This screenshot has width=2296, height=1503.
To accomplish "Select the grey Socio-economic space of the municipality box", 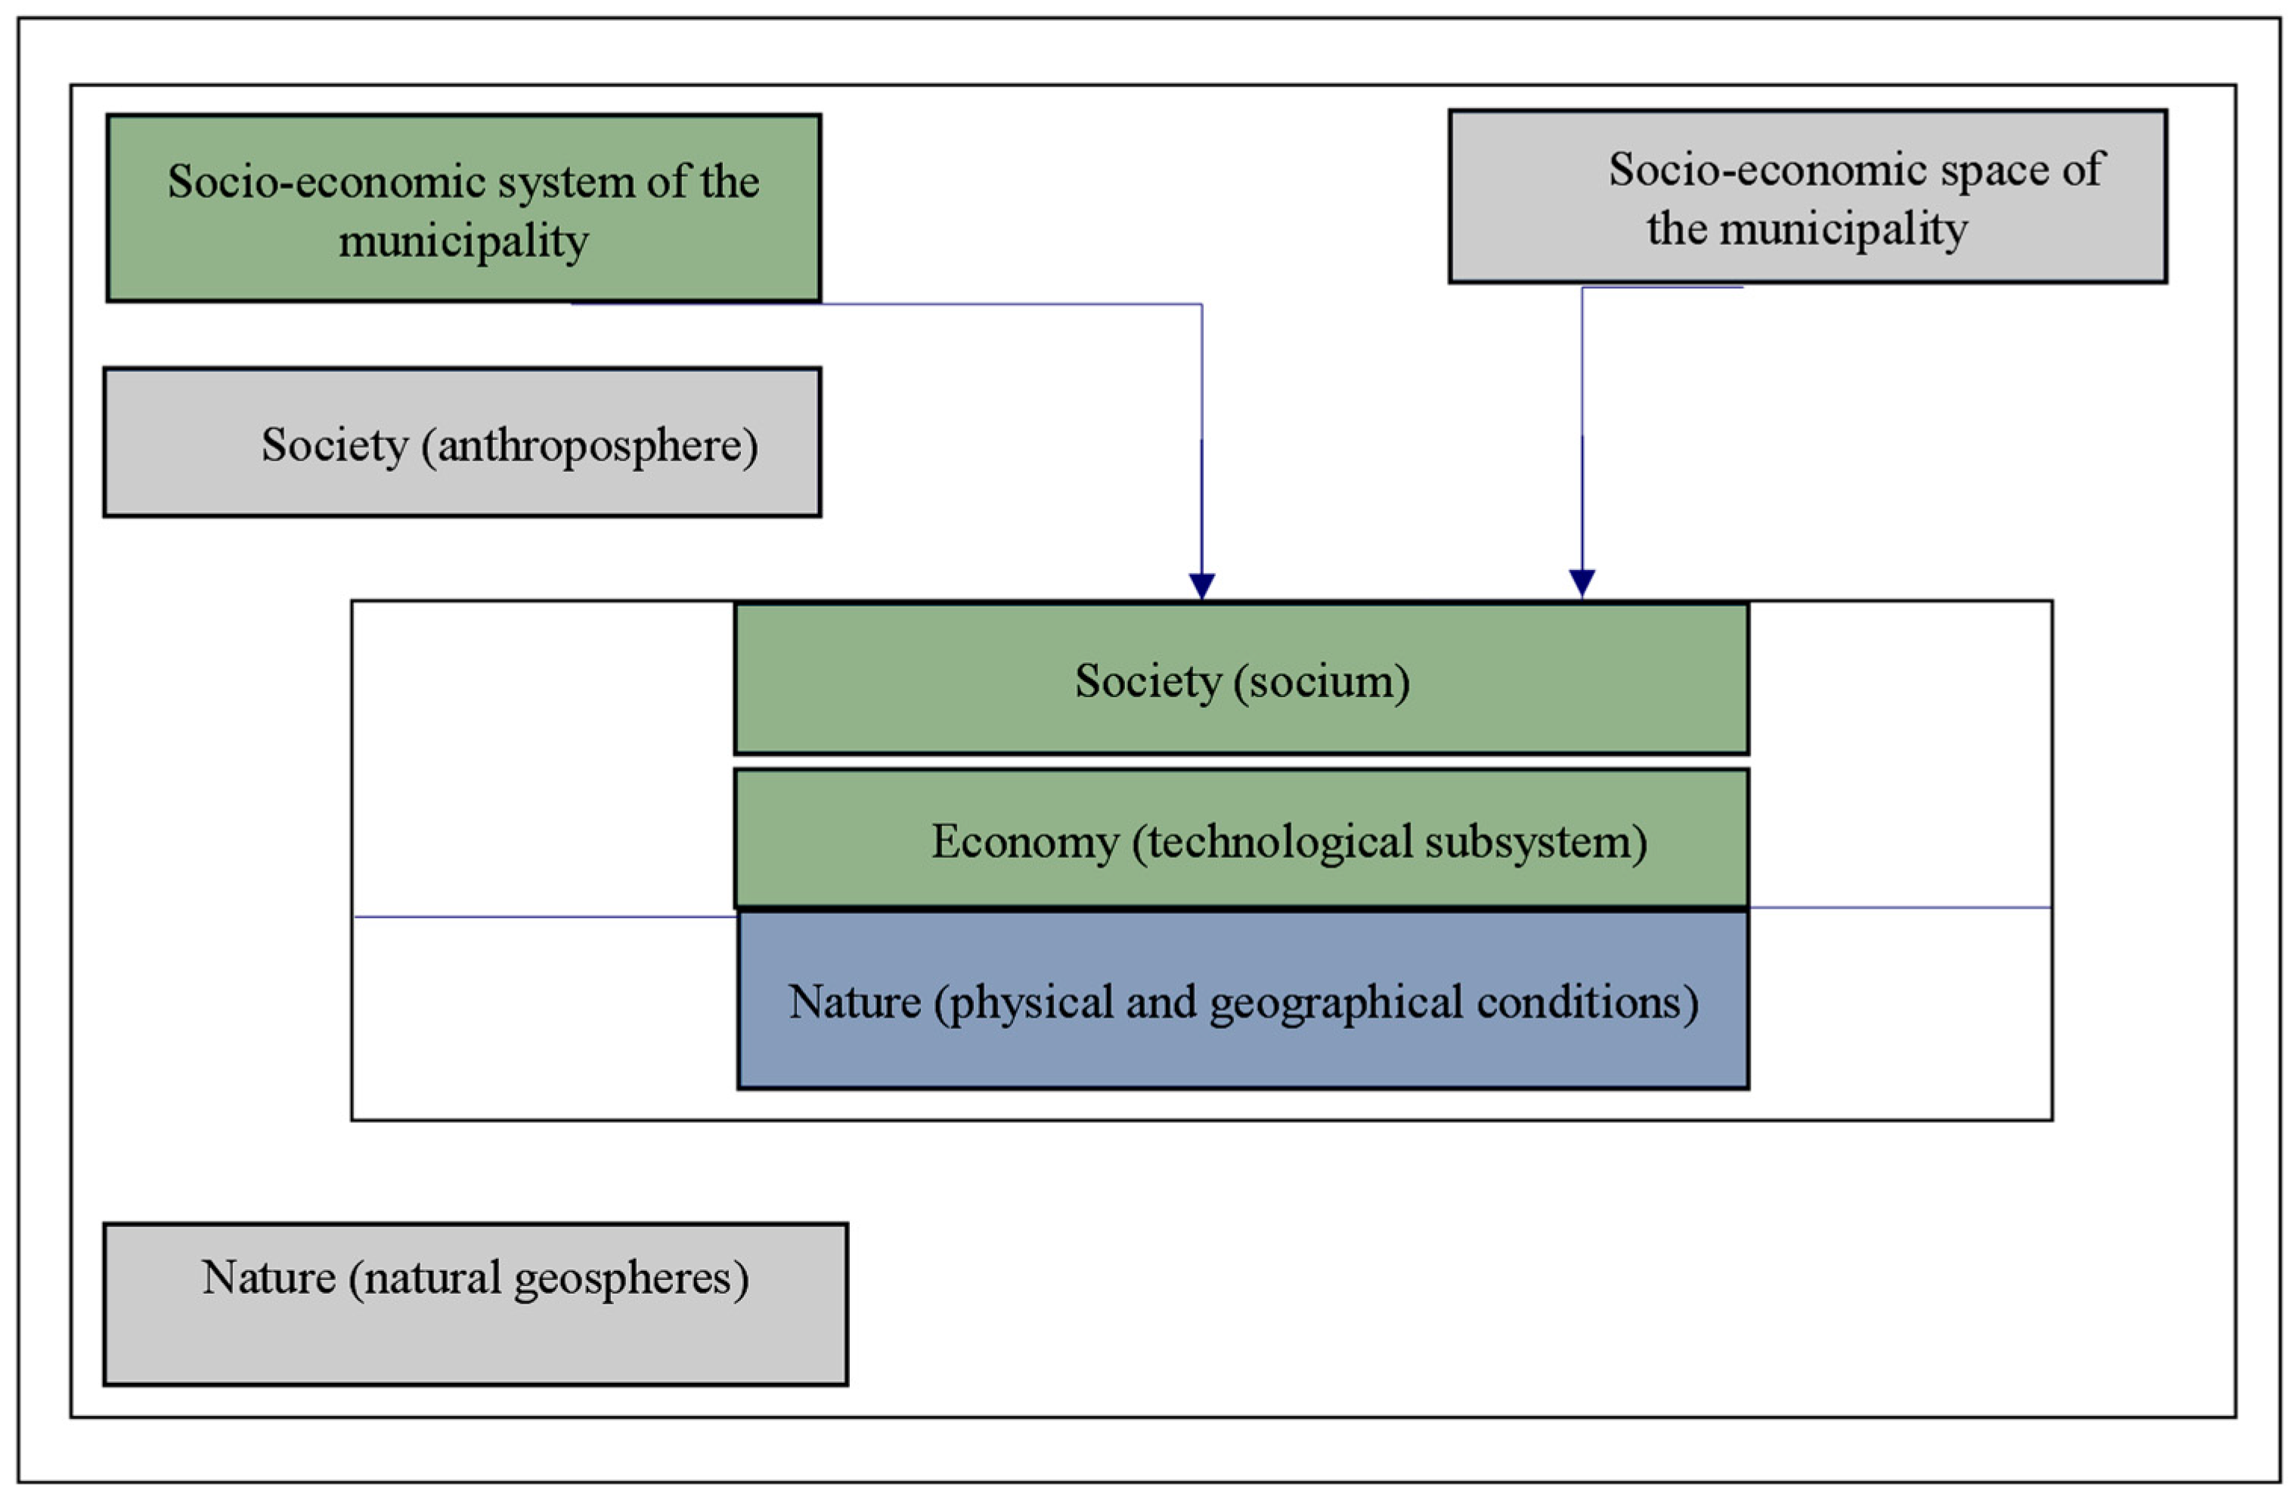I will pos(1807,197).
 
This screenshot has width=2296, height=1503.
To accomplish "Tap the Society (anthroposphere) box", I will pos(462,443).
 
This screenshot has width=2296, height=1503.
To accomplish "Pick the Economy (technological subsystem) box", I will pos(1241,839).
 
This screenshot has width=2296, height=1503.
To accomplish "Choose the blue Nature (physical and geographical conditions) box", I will pos(1243,1000).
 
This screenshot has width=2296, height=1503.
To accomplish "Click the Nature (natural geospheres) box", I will pos(476,1304).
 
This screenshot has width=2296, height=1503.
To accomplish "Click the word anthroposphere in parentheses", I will pos(597,447).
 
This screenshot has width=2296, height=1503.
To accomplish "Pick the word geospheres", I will pos(631,1280).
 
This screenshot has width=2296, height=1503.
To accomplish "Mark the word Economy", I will pos(1024,842).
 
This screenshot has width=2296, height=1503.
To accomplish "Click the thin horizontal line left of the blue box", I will pos(545,916).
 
